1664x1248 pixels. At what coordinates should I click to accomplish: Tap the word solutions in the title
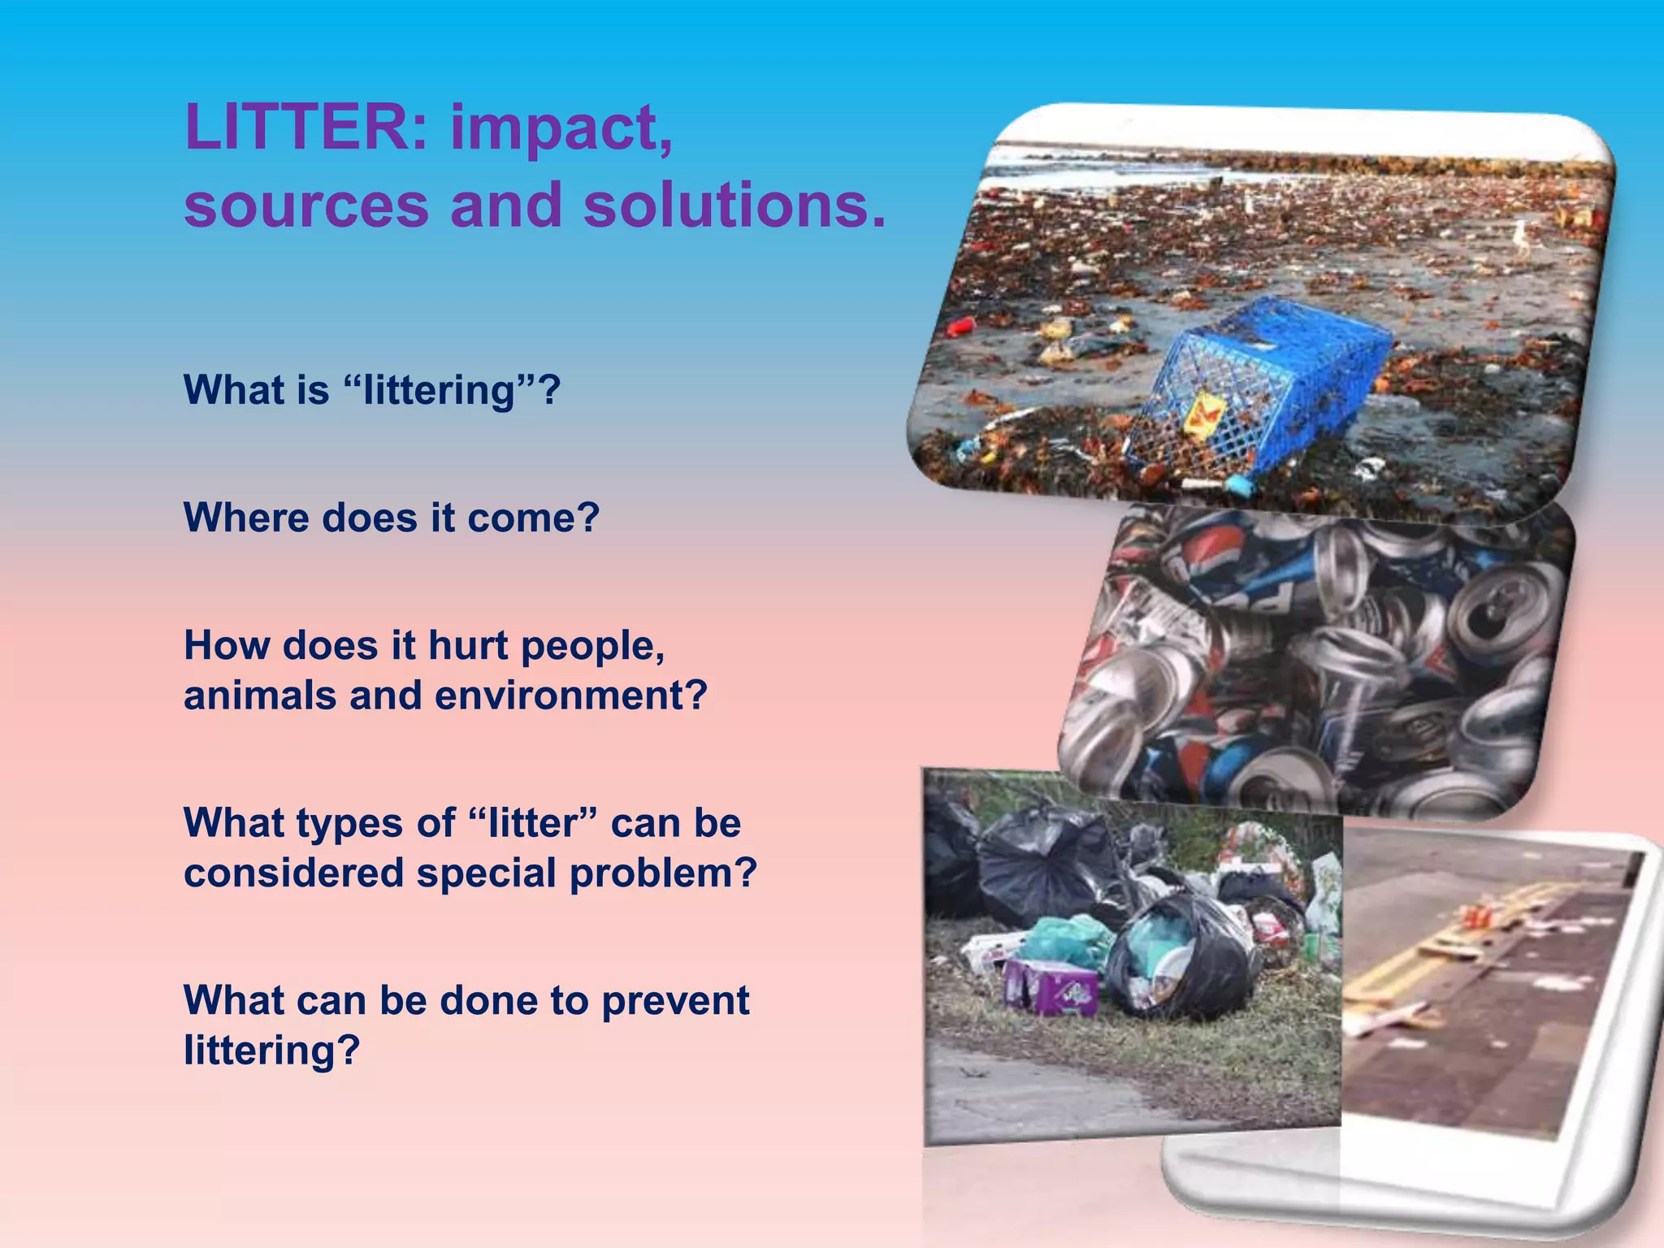(x=734, y=204)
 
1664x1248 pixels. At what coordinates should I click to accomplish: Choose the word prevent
(x=675, y=1000)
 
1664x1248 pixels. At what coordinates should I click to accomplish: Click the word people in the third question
(x=592, y=647)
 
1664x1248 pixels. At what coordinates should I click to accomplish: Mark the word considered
(x=293, y=873)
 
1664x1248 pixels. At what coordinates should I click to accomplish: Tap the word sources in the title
(x=305, y=204)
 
